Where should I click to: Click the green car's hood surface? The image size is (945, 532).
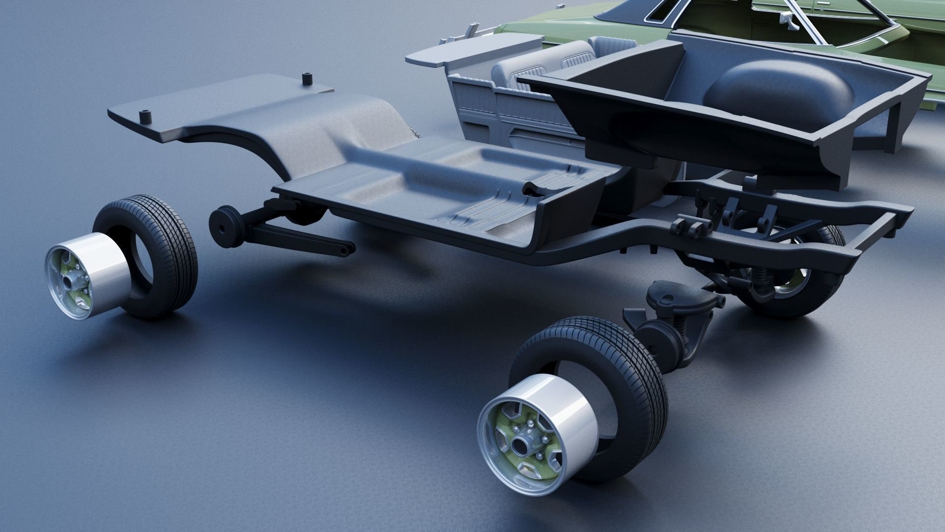pos(566,20)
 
